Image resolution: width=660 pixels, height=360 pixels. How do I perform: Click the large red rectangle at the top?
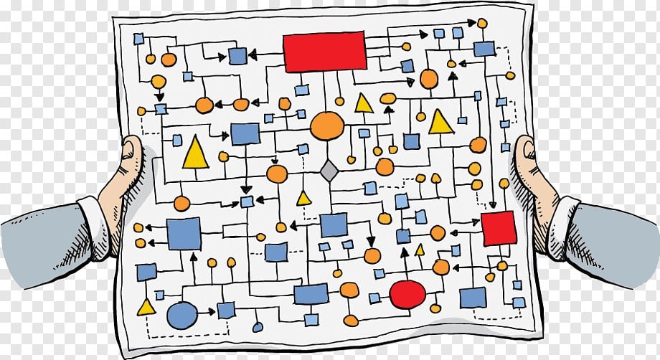pyautogui.click(x=324, y=52)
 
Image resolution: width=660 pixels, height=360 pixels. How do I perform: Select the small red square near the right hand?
pyautogui.click(x=498, y=228)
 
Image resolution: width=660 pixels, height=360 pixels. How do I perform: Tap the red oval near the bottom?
pyautogui.click(x=407, y=293)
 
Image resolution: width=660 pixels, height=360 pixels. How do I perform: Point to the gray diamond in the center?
pyautogui.click(x=329, y=171)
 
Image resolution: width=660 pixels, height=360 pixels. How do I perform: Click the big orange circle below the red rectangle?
pyautogui.click(x=327, y=126)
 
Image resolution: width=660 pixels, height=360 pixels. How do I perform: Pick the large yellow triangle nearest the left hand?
pyautogui.click(x=195, y=153)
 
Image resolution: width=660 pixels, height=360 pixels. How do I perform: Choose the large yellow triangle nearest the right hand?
pyautogui.click(x=440, y=123)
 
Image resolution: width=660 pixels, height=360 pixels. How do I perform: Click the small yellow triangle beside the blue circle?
pyautogui.click(x=146, y=308)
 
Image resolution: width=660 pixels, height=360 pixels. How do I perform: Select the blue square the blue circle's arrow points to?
pyautogui.click(x=226, y=311)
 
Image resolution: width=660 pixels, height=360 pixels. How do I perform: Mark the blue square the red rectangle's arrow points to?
pyautogui.click(x=237, y=56)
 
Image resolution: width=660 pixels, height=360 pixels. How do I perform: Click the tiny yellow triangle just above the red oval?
pyautogui.click(x=420, y=250)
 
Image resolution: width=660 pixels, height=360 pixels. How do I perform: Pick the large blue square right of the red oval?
pyautogui.click(x=473, y=297)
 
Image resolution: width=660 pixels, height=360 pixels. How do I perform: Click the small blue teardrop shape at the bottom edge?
pyautogui.click(x=258, y=326)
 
